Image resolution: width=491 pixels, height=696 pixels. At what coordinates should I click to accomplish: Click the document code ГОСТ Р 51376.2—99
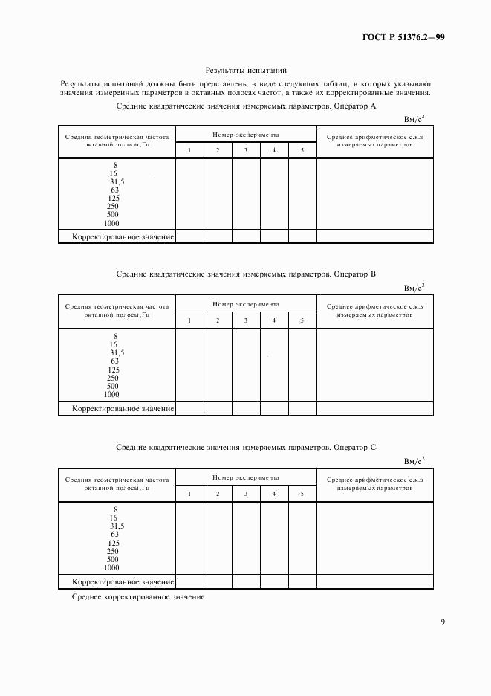403,37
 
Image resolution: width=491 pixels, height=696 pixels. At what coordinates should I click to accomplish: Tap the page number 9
443,622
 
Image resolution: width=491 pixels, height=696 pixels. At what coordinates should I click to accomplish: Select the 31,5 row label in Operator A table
117,181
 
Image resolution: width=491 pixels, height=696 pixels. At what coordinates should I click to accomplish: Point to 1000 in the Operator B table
112,395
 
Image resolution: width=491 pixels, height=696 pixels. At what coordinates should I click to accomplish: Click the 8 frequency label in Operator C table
115,509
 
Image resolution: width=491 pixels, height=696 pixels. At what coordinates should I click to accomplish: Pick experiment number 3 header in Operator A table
246,151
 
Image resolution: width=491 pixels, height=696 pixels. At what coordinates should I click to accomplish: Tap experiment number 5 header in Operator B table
302,320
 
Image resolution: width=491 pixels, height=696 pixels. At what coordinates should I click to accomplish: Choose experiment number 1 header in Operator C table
189,494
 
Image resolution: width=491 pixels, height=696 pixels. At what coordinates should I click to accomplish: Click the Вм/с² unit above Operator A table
414,117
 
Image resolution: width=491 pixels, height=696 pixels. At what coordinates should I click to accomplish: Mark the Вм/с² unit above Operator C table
414,460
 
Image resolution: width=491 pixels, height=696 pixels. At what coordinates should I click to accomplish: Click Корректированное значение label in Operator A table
123,236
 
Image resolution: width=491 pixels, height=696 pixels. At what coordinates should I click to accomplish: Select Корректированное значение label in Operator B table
123,408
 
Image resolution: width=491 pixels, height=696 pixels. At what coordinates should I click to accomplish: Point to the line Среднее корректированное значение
138,597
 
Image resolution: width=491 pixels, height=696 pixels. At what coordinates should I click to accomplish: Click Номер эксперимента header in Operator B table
246,305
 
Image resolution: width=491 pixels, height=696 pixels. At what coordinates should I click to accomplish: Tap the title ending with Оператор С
247,448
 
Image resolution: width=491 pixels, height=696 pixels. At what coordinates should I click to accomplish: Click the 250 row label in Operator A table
114,207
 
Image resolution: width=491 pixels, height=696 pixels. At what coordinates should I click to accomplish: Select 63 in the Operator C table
115,535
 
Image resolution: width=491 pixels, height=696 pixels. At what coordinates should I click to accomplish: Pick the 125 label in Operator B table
114,370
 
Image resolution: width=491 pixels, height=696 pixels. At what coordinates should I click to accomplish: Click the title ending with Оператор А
247,107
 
